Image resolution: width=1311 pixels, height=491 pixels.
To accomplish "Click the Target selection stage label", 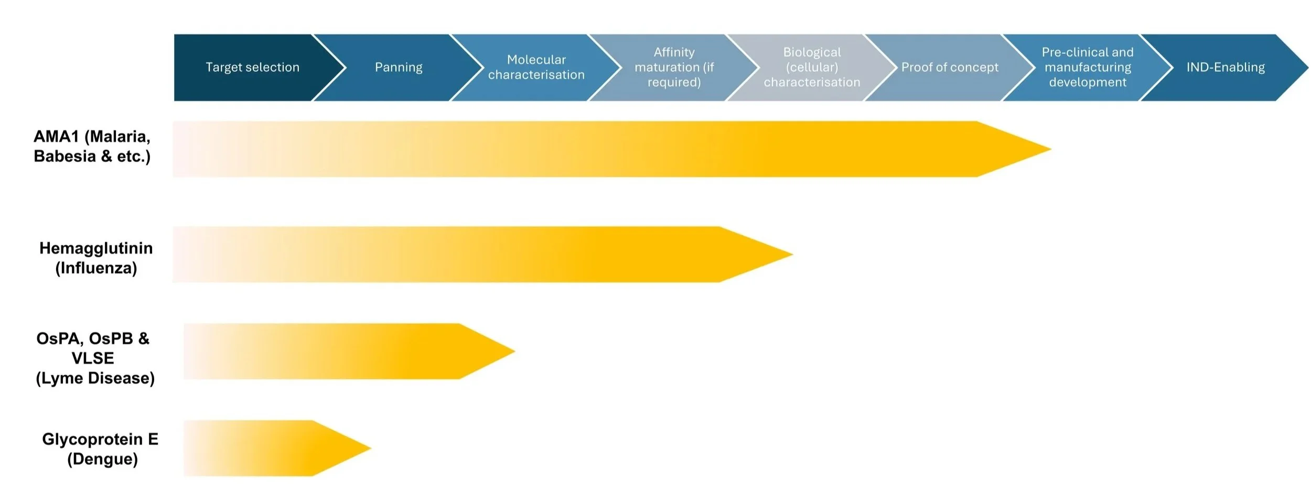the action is [x=252, y=68].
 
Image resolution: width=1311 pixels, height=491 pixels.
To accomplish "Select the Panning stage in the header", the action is [x=399, y=68].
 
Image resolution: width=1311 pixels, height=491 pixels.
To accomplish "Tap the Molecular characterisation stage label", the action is [x=536, y=68].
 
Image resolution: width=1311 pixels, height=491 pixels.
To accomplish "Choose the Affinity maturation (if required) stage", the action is [x=674, y=68].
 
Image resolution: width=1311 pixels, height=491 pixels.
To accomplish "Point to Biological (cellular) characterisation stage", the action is [x=812, y=68].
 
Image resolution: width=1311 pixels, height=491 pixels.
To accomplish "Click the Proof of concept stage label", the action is [x=950, y=68].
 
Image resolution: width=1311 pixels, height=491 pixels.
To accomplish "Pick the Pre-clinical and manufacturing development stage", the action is [x=1088, y=68].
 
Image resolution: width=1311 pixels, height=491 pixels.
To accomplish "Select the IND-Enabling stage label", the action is [x=1226, y=68].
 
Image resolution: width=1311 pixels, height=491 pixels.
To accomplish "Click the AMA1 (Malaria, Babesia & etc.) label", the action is [x=92, y=146].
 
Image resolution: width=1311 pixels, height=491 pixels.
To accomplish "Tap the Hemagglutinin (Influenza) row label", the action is [x=96, y=258].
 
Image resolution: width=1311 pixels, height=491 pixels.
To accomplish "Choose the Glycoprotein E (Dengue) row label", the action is [x=100, y=449].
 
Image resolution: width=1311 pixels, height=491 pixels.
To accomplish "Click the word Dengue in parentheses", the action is [x=103, y=459].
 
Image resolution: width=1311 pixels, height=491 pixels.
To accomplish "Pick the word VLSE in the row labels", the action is [x=93, y=358].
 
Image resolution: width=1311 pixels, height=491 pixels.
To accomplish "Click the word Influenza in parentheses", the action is [x=96, y=268].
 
